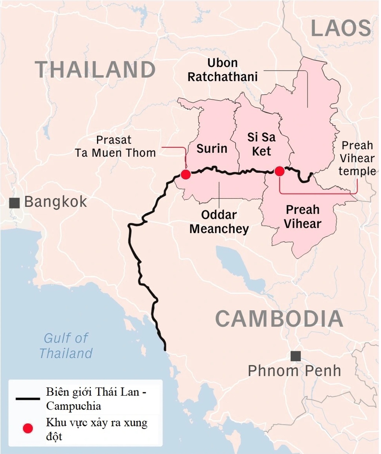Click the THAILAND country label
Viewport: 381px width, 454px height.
[95, 70]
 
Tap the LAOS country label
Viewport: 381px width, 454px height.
[341, 28]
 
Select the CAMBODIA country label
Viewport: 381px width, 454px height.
[279, 319]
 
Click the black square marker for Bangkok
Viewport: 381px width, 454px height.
[14, 203]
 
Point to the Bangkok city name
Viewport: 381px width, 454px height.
[56, 202]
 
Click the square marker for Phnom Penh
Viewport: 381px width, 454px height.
[295, 356]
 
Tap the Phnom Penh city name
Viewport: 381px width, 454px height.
[294, 371]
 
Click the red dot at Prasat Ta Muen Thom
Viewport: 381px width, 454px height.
[186, 174]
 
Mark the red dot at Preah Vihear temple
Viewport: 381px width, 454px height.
[279, 171]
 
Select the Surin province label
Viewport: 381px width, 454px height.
[212, 148]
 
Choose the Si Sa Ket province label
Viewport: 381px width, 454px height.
[261, 144]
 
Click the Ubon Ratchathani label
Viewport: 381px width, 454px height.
[223, 70]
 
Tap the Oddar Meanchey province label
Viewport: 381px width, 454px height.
[219, 222]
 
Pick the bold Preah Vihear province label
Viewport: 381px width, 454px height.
[303, 217]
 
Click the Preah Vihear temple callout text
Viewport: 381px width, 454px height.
[357, 158]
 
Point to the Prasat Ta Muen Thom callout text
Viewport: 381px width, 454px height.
[115, 146]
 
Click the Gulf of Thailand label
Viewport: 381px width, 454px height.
[66, 346]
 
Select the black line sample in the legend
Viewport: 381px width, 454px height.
[28, 399]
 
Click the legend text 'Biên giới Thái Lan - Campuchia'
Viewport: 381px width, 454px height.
[96, 399]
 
